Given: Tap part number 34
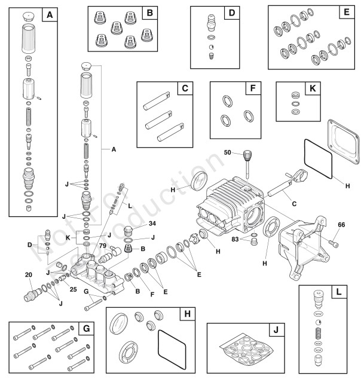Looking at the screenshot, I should click(136, 224).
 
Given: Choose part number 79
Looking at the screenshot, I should click(103, 245).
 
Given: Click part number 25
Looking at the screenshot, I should click(73, 290).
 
